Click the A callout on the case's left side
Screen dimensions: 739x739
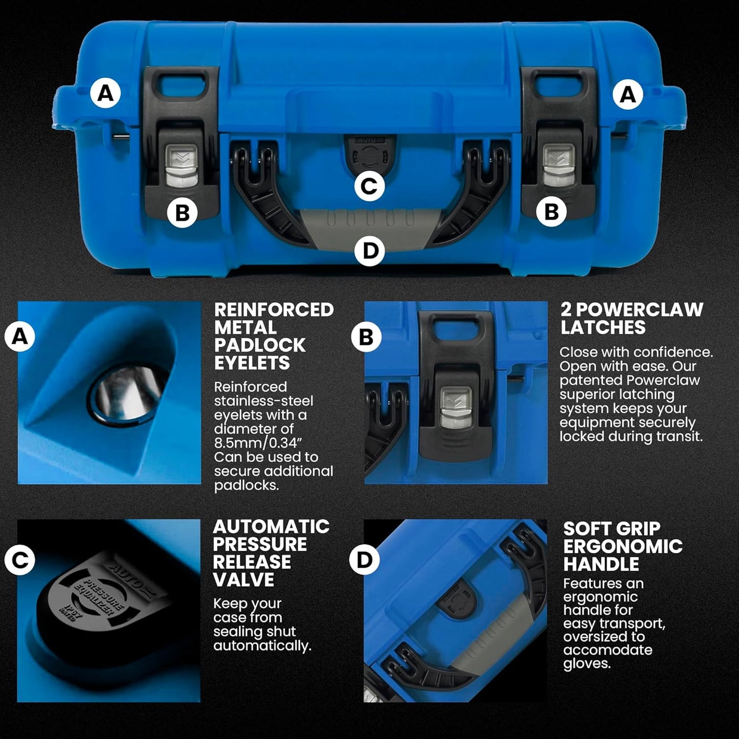[x=105, y=94]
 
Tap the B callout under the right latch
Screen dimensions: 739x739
[x=551, y=211]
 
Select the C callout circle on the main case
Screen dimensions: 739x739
[x=369, y=186]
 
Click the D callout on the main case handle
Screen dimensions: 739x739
[x=369, y=251]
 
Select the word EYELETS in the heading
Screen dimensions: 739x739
[x=252, y=363]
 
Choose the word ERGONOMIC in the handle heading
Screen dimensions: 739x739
[x=623, y=546]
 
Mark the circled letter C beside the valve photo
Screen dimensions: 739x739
[x=19, y=561]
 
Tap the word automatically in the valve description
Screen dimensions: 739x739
[x=262, y=646]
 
